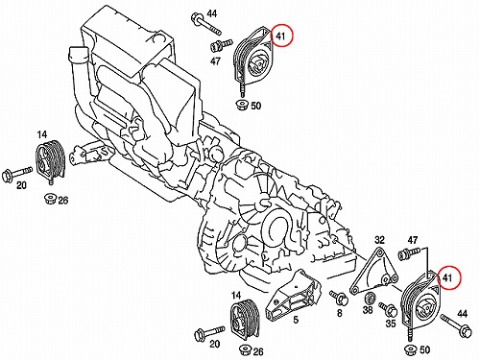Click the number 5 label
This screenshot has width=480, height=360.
(296, 319)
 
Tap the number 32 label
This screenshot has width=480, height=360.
(379, 240)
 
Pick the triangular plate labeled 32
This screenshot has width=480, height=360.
(374, 271)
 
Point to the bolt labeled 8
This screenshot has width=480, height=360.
(339, 298)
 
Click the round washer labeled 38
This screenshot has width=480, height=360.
(371, 298)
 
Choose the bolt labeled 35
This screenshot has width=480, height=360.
(388, 309)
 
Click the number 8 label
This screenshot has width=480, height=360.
(339, 313)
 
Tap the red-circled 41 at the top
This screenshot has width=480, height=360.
(281, 36)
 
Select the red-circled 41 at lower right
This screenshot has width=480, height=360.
(449, 277)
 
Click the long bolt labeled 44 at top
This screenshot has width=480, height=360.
(205, 23)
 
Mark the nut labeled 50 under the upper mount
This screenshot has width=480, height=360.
(242, 105)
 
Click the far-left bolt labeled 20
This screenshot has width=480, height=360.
(16, 174)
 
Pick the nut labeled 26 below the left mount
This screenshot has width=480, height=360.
(50, 199)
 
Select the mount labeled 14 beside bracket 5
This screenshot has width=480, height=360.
(244, 321)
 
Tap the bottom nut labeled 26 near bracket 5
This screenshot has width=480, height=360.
(246, 349)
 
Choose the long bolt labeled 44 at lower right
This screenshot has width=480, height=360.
(456, 326)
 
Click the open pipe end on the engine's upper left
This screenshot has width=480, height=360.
(79, 52)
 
